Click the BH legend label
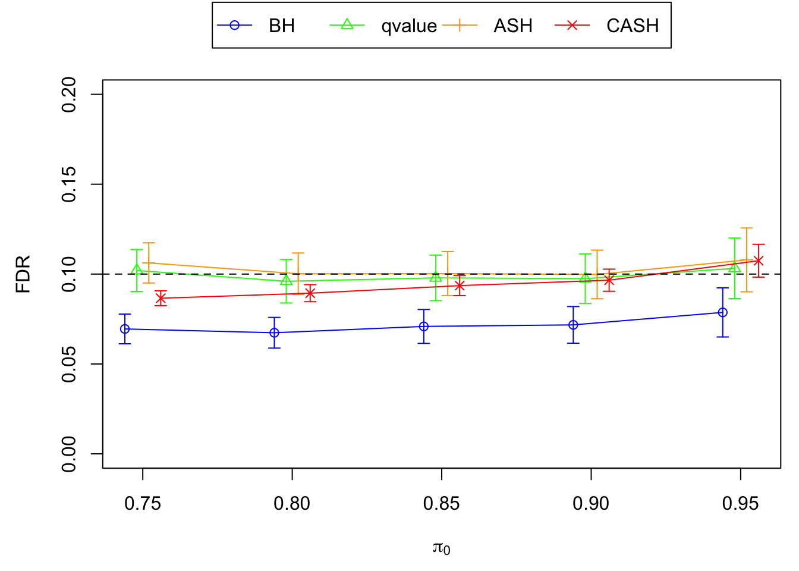(x=281, y=26)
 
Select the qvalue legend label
(x=409, y=26)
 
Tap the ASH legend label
(x=512, y=26)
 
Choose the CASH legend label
(x=633, y=26)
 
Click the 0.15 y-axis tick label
(x=69, y=184)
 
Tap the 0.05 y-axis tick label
(x=69, y=364)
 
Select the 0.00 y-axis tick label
(x=69, y=454)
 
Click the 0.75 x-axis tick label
(x=143, y=504)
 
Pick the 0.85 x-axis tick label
(x=442, y=504)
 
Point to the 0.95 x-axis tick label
(x=740, y=504)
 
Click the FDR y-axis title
(x=23, y=274)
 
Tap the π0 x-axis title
(x=441, y=548)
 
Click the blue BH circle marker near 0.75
(x=125, y=329)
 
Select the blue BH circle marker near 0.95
(x=723, y=312)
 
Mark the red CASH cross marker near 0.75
(x=161, y=298)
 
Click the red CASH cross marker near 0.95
(x=758, y=261)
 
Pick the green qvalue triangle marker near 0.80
(x=287, y=280)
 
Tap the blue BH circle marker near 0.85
(x=424, y=326)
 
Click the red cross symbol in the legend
(x=572, y=26)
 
